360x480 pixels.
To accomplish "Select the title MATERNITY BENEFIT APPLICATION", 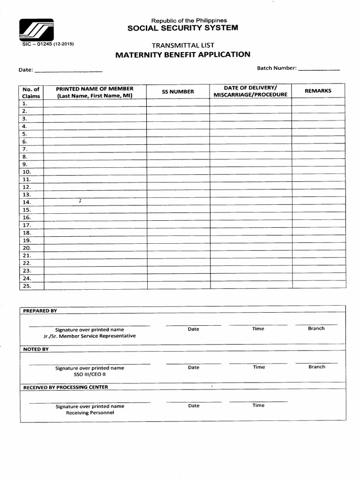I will coord(183,54).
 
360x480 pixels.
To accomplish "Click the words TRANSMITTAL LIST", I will coord(183,45).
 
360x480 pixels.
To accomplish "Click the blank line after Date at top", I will coord(68,70).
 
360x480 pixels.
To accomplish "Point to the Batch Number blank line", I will coord(319,69).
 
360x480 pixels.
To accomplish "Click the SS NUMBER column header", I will coord(178,92).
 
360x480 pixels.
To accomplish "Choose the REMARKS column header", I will coord(318,91).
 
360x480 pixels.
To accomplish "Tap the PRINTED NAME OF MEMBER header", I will coord(95,92).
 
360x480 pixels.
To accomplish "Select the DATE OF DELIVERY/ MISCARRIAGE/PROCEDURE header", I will coord(250,91).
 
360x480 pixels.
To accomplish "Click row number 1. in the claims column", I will coord(25,104).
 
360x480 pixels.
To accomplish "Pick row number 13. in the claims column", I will coord(26,195).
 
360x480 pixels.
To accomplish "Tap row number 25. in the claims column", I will coord(26,285).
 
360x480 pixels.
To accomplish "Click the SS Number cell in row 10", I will coord(178,172).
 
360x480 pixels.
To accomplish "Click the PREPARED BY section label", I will coord(40,311).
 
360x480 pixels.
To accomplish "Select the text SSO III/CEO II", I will coord(90,375).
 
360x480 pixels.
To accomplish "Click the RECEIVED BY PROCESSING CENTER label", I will coord(66,387).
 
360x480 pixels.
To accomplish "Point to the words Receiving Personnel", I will coord(90,412).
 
